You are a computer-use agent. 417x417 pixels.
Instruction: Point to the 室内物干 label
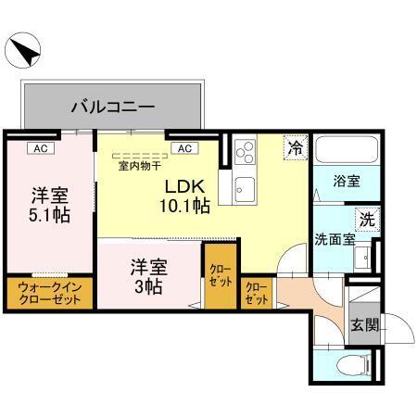[138, 167]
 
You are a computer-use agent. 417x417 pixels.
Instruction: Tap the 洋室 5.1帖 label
[49, 205]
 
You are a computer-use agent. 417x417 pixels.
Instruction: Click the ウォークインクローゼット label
[49, 295]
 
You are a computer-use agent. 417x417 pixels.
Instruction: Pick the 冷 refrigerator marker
[295, 147]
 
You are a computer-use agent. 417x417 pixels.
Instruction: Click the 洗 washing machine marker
[367, 221]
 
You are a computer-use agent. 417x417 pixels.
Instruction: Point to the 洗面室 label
[335, 238]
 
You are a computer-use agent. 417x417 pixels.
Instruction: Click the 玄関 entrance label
[366, 325]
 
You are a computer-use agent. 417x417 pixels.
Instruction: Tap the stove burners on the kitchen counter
[246, 151]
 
